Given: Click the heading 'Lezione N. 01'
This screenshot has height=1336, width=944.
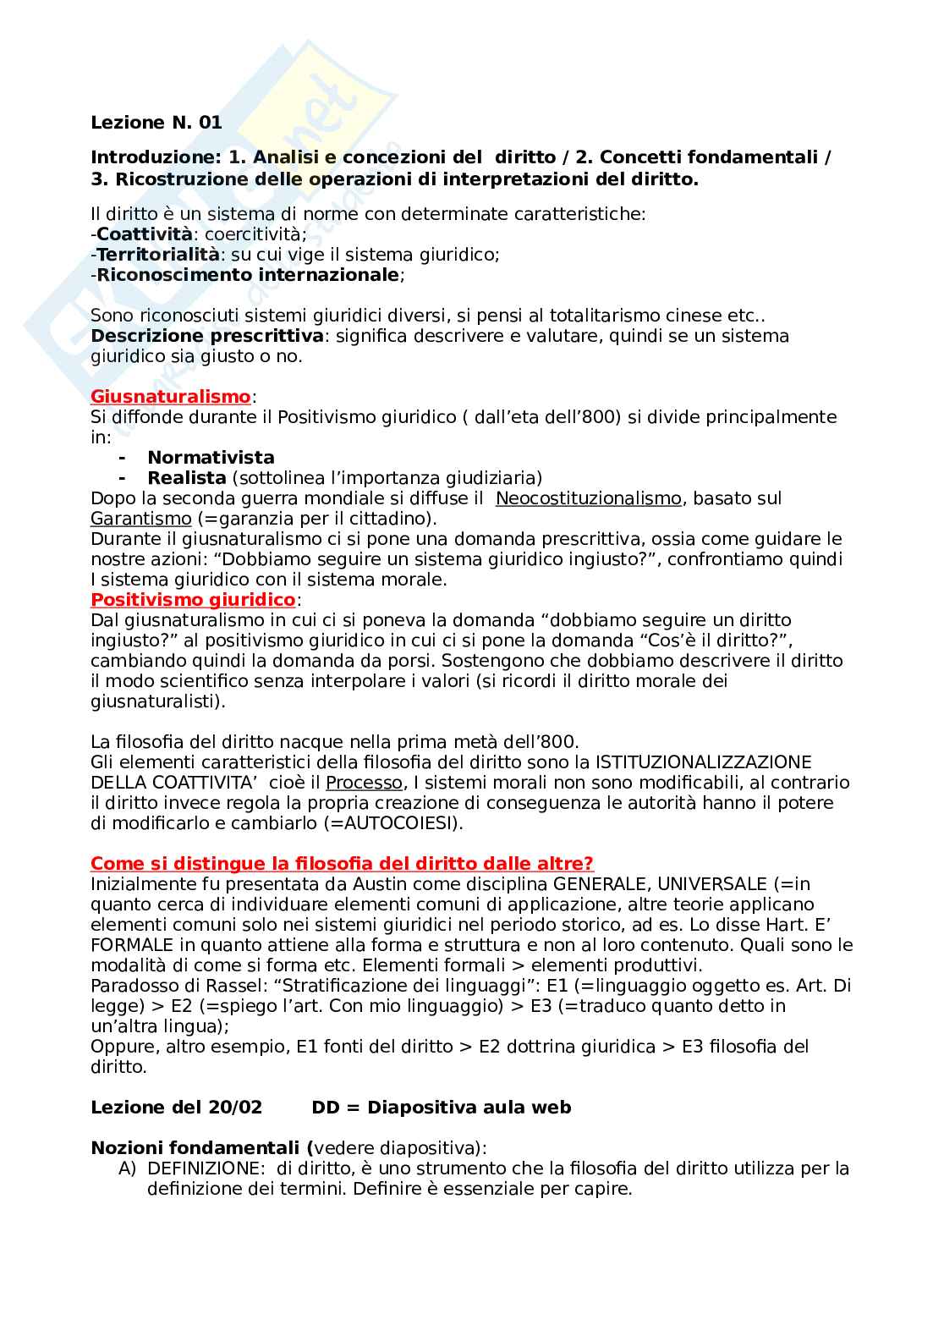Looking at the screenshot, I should pos(156,123).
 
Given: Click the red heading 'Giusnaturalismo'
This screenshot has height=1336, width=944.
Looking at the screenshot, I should pos(170,397).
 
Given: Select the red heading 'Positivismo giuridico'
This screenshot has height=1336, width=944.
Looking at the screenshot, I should pos(192,600).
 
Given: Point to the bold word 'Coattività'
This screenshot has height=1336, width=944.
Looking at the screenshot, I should pos(144,234).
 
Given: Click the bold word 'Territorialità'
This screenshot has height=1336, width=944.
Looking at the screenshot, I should pos(158,255).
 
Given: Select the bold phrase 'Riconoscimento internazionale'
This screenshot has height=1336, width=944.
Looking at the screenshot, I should pos(247,275).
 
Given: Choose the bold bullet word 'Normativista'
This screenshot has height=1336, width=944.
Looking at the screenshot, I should pos(211,458).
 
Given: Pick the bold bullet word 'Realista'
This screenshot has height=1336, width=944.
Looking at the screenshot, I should pos(186,478).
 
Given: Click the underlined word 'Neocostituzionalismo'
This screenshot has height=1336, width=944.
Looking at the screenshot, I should pos(588,498).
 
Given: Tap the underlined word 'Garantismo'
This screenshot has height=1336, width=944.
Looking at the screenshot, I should pos(141,519).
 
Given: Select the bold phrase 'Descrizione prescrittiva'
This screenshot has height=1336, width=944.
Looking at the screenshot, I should pos(206,336).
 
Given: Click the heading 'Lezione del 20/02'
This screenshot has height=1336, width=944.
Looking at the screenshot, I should pos(176,1108).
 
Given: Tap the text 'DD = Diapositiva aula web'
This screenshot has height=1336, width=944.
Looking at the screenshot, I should pos(441,1108).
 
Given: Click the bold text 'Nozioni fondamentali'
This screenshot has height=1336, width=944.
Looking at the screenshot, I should pos(197,1148).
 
